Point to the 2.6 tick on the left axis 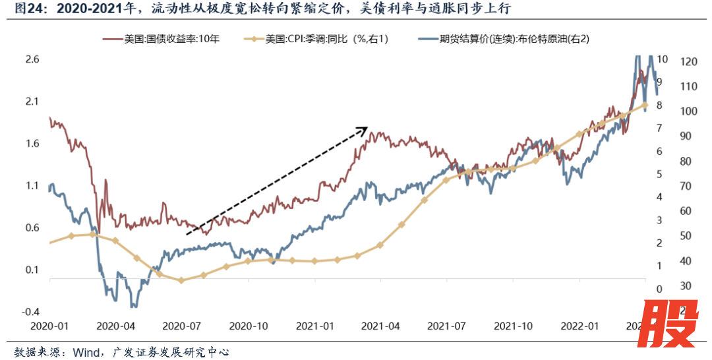click(x=32, y=59)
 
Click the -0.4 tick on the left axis click(x=31, y=312)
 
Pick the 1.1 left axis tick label click(x=32, y=186)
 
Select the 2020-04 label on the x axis click(x=116, y=326)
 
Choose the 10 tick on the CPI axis click(x=663, y=59)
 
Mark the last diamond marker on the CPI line click(x=645, y=105)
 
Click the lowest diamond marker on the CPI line click(x=181, y=280)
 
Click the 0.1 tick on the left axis click(x=32, y=270)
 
